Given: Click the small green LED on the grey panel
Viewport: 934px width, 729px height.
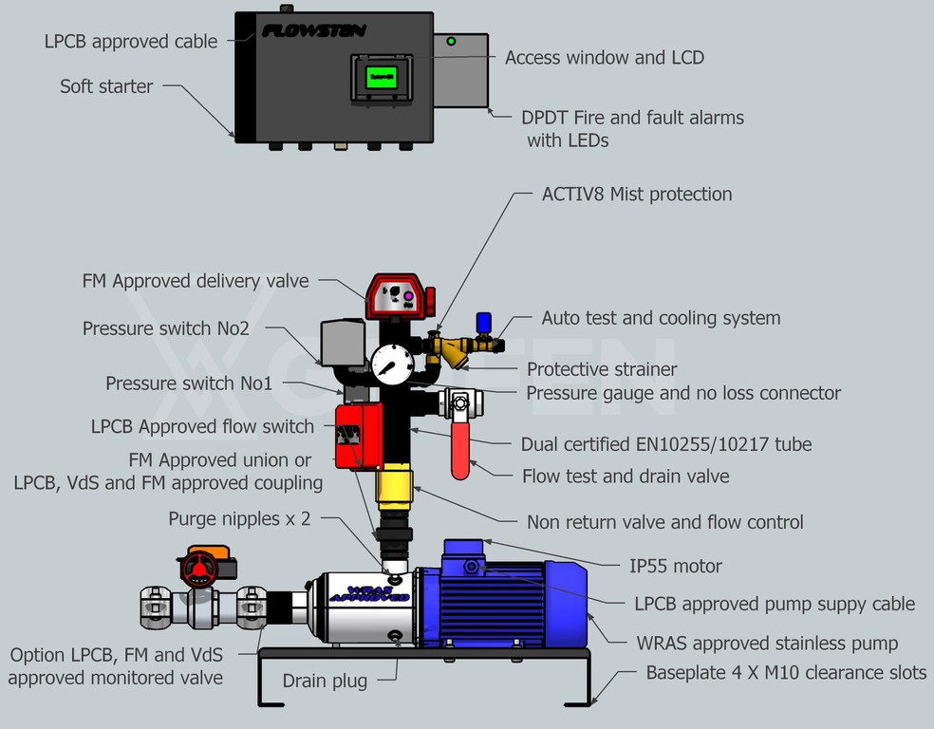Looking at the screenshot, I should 451,42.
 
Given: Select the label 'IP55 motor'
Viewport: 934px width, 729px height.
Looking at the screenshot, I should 676,567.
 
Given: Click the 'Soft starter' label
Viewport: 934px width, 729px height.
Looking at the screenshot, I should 106,86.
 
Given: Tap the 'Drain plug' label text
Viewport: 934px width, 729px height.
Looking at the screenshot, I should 325,681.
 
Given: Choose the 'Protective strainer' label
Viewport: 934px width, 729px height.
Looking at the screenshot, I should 602,369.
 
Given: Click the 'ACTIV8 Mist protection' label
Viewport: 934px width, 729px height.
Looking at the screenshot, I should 637,195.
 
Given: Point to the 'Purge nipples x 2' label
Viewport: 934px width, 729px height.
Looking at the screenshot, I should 239,519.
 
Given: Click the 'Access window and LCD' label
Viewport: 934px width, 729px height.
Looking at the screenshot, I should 605,58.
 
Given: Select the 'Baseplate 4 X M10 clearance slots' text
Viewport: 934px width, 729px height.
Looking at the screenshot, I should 786,673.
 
